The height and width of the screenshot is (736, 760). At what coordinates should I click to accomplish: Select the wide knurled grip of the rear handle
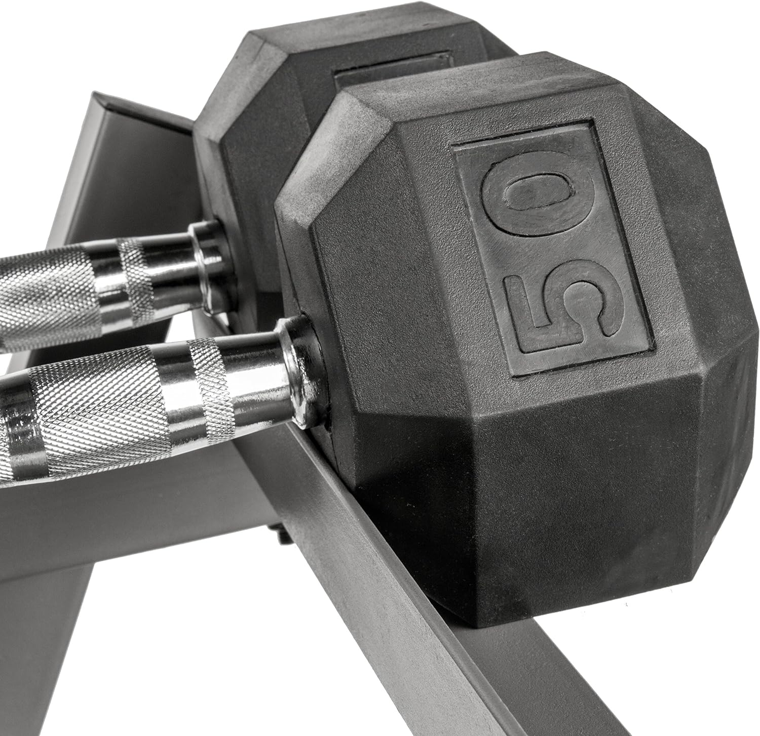(46, 299)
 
